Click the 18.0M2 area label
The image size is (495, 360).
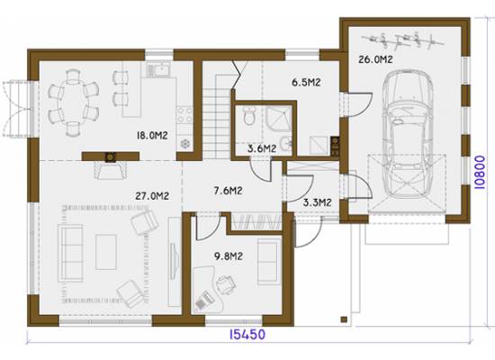[x=152, y=136]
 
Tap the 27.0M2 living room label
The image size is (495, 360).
[x=152, y=196]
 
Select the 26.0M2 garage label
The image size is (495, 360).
[x=375, y=59]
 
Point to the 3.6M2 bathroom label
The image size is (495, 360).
[x=262, y=148]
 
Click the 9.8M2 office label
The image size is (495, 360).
[x=229, y=256]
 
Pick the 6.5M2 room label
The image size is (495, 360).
[x=306, y=83]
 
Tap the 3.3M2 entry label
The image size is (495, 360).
[x=317, y=202]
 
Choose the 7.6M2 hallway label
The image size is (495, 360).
[x=228, y=191]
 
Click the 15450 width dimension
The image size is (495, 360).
[x=247, y=334]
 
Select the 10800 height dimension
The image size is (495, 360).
[x=480, y=172]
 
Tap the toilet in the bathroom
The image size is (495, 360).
[x=249, y=115]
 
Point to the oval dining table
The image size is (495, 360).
[x=73, y=103]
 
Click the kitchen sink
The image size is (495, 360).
[x=159, y=69]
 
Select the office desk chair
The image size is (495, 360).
[x=225, y=283]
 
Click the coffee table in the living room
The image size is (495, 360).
[x=106, y=252]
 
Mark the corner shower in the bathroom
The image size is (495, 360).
[x=279, y=118]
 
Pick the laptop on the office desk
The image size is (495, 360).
[x=202, y=301]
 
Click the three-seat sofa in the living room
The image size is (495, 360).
[x=70, y=253]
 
